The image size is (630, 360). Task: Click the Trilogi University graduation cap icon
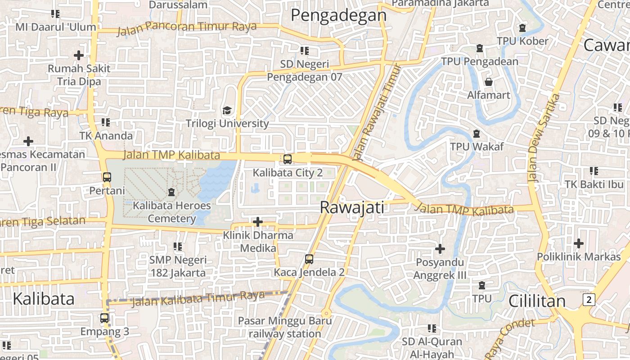(227, 110)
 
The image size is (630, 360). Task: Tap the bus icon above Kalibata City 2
(287, 159)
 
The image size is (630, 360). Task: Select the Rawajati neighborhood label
(352, 207)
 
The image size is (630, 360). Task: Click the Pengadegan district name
(338, 15)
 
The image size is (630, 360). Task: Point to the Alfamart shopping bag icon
(488, 82)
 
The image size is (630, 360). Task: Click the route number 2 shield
(589, 300)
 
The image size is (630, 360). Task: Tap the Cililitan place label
(536, 301)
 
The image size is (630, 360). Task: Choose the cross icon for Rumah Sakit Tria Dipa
(79, 55)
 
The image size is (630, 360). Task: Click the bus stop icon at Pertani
(107, 177)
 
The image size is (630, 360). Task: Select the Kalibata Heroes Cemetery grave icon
(171, 192)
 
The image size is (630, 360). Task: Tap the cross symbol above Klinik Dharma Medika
(258, 222)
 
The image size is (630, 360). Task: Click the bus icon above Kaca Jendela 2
(309, 259)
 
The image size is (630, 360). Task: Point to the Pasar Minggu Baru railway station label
(285, 327)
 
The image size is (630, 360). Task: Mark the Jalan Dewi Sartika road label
(543, 137)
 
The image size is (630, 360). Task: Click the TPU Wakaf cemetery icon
(477, 134)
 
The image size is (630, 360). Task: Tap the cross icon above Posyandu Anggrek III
(440, 248)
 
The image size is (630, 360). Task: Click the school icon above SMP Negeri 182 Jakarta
(178, 247)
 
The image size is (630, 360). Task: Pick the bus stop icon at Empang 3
(104, 318)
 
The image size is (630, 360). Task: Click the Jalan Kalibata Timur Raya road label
(198, 298)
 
